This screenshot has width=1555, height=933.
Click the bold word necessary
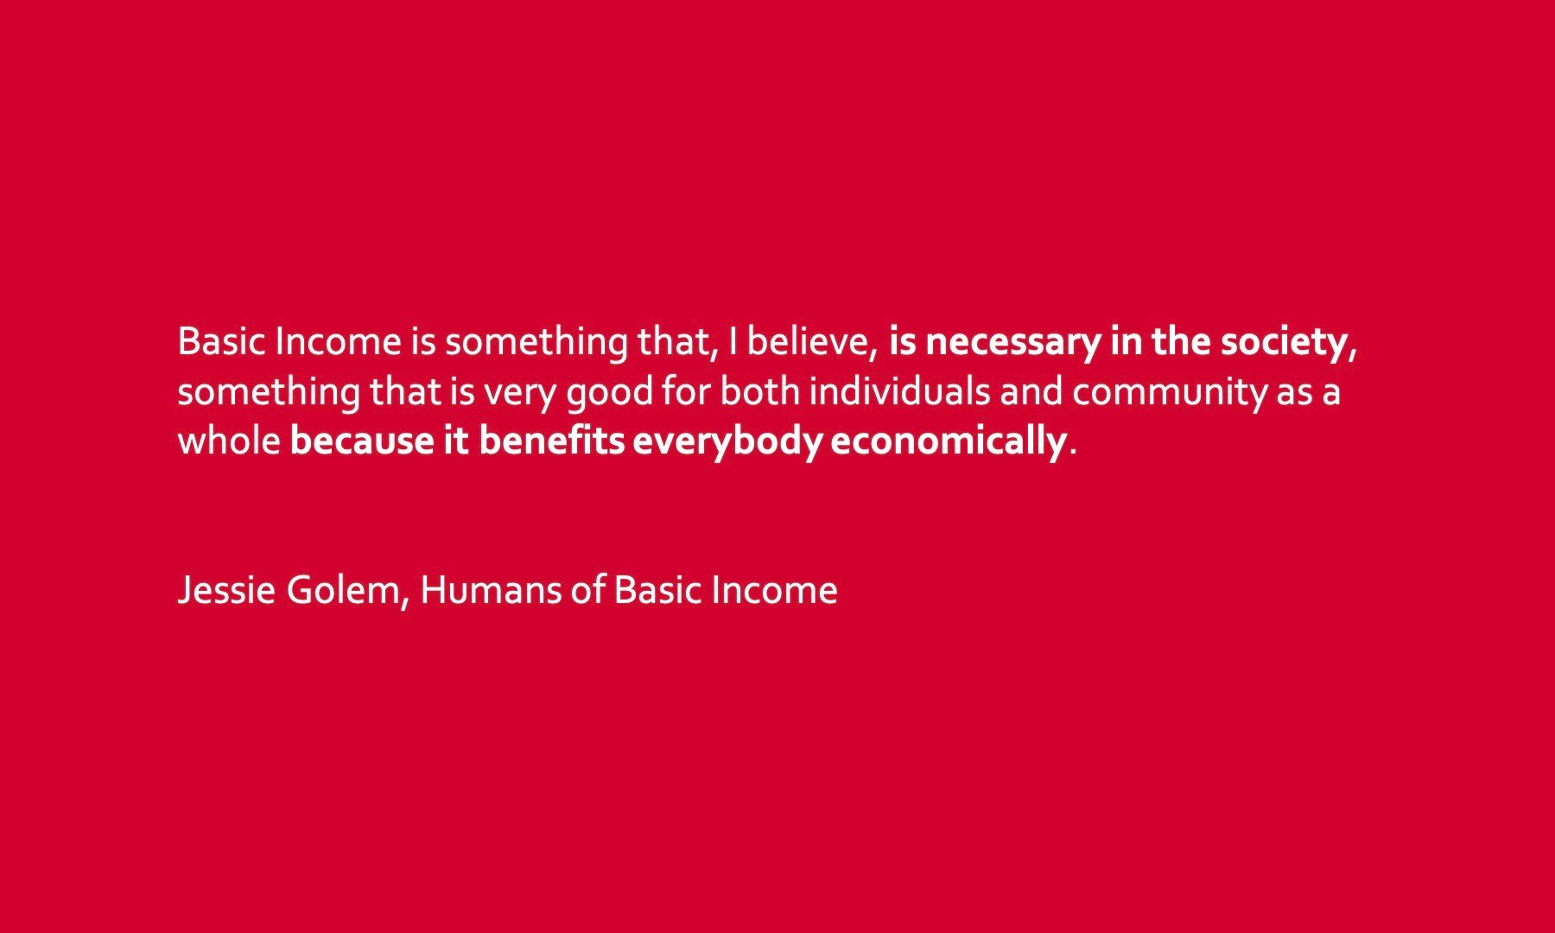pos(1013,343)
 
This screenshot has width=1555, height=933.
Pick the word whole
pos(229,441)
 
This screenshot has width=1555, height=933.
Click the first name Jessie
pos(226,591)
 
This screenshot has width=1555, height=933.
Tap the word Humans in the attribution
pos(491,591)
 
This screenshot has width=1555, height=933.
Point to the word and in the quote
pos(1031,392)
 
